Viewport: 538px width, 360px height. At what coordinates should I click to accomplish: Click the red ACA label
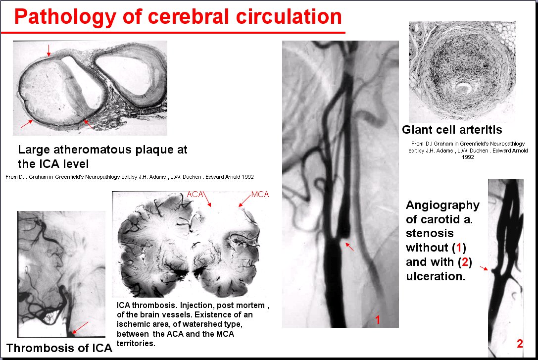(x=195, y=194)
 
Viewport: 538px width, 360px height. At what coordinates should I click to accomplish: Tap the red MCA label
(x=260, y=195)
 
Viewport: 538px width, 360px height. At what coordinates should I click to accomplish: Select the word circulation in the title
(x=289, y=16)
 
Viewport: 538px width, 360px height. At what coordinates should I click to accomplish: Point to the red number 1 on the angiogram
(x=378, y=320)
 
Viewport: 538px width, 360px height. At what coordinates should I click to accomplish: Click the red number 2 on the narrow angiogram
(x=520, y=344)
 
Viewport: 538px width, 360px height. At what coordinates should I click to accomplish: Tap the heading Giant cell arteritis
(x=452, y=130)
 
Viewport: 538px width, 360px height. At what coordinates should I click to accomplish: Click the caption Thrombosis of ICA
(x=59, y=348)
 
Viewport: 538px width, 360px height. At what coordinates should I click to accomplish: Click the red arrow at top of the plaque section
(x=49, y=50)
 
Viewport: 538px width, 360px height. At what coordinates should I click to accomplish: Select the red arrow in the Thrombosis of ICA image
(x=80, y=328)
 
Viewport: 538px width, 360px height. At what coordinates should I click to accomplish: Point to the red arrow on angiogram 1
(x=349, y=247)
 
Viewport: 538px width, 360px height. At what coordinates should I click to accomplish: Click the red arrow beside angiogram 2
(x=484, y=268)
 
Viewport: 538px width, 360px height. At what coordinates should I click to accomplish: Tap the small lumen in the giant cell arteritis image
(x=463, y=88)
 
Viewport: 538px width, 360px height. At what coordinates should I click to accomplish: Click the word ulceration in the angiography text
(x=436, y=276)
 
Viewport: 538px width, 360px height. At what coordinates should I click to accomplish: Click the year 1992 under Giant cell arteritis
(x=468, y=157)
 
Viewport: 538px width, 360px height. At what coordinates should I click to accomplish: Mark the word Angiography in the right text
(x=442, y=206)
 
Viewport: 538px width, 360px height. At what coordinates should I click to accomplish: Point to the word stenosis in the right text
(x=430, y=233)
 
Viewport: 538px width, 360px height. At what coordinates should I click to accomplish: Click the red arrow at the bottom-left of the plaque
(x=27, y=124)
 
